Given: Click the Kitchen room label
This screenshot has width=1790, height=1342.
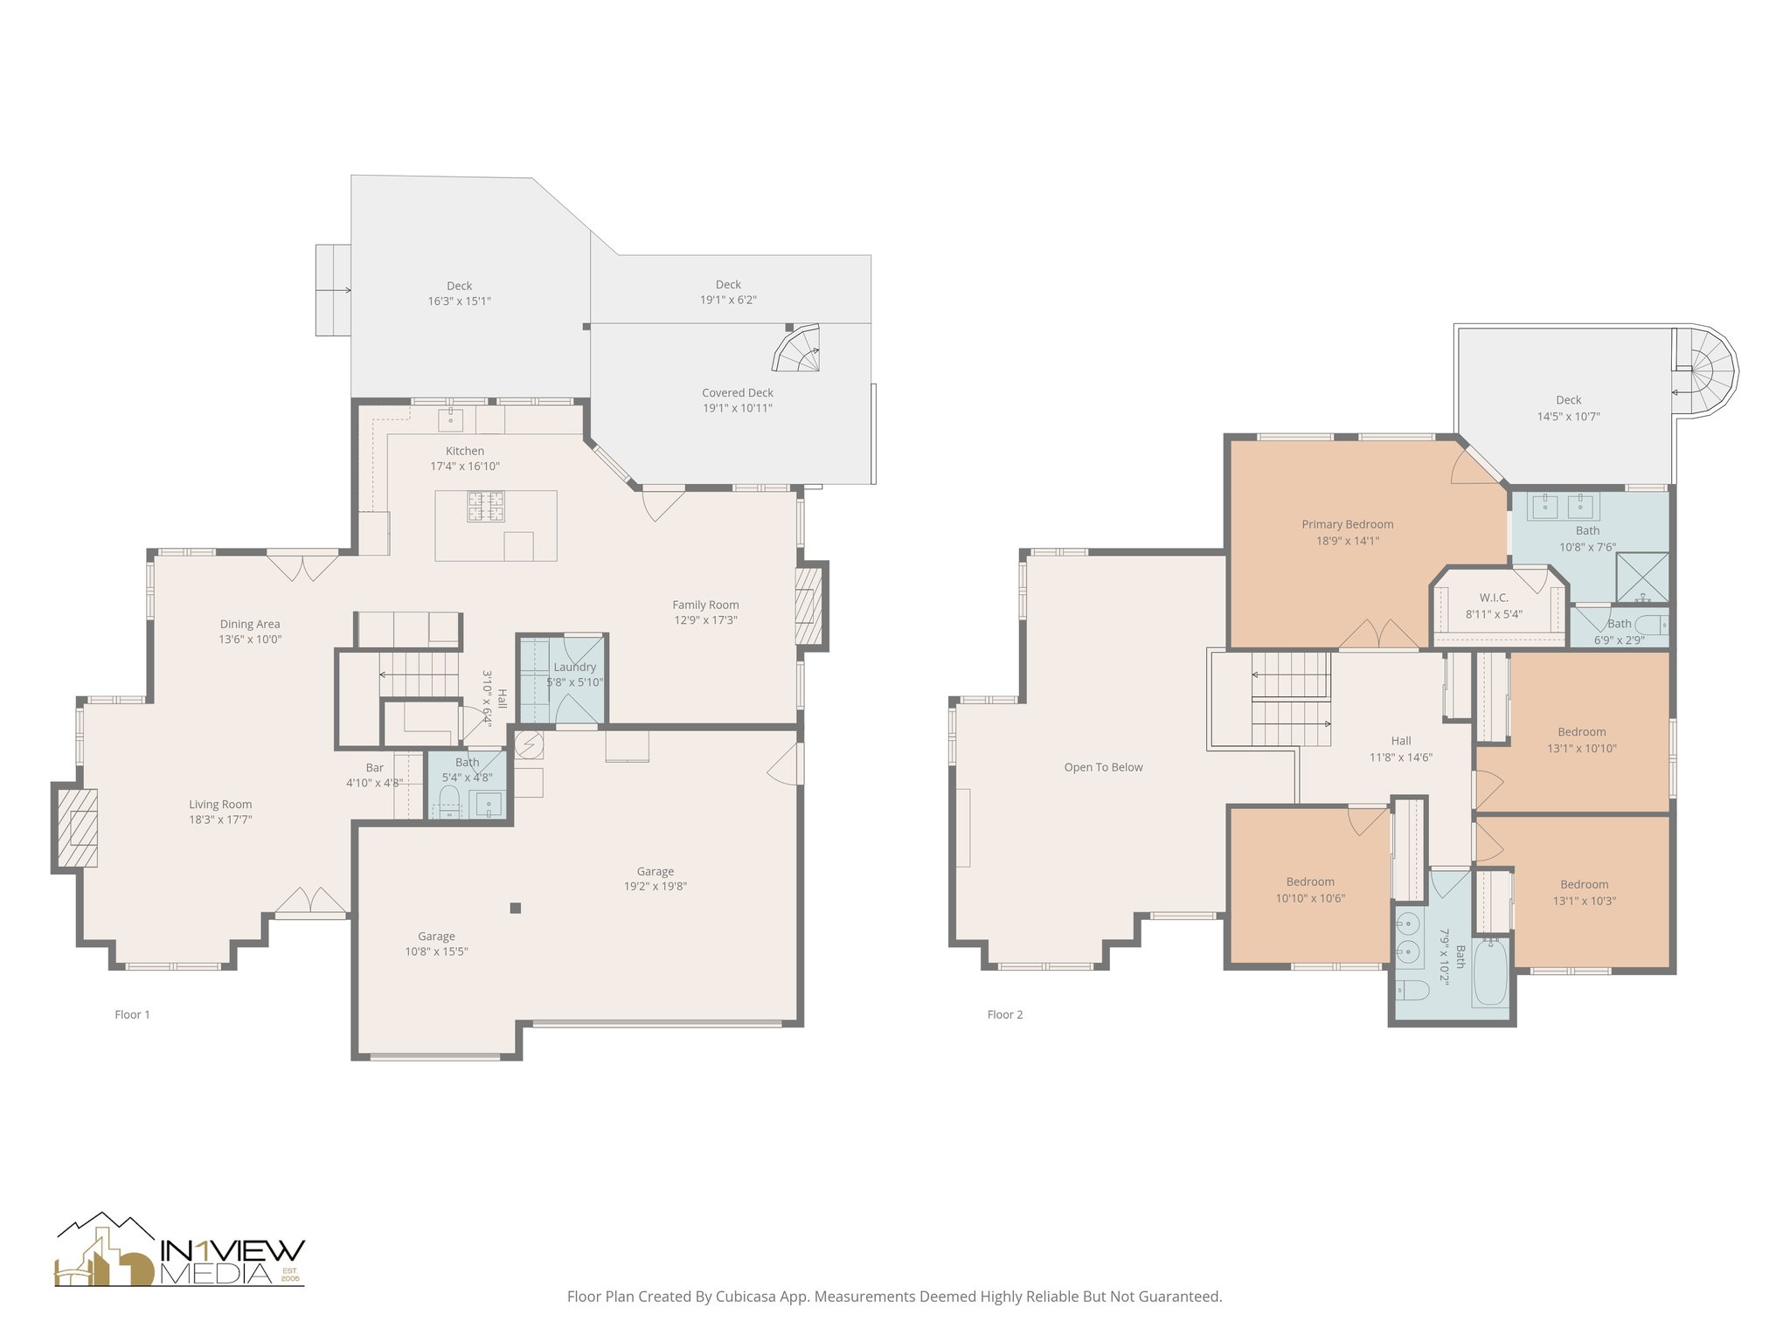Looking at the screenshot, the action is (x=465, y=451).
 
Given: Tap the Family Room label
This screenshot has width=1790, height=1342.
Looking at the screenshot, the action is (x=705, y=605).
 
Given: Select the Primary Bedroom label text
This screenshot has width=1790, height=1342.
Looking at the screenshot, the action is (x=1348, y=524).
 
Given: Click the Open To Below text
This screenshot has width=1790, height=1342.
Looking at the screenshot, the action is (x=1103, y=767).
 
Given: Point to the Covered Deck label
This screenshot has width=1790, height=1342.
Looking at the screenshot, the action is (x=738, y=393).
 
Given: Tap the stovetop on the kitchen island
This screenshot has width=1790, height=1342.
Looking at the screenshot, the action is (x=486, y=507).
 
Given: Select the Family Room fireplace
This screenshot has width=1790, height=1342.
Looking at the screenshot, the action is (x=810, y=605).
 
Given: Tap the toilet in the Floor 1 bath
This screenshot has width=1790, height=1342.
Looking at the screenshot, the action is (x=449, y=800).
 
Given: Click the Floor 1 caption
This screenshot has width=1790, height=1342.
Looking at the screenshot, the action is (x=133, y=1014).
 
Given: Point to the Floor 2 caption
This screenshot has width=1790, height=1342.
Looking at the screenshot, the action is (x=1005, y=1014).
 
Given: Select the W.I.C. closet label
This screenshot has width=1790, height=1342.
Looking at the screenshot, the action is (x=1494, y=598).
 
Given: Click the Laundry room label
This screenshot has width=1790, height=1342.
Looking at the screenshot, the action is (x=574, y=667).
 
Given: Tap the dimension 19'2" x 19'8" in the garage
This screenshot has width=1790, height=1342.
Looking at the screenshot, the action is (x=656, y=886).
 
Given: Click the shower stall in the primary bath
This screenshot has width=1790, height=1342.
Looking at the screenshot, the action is (x=1642, y=579).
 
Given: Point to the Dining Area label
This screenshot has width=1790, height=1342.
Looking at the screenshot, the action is (x=250, y=624).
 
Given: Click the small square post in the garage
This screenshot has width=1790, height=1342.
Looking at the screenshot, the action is (x=516, y=909).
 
